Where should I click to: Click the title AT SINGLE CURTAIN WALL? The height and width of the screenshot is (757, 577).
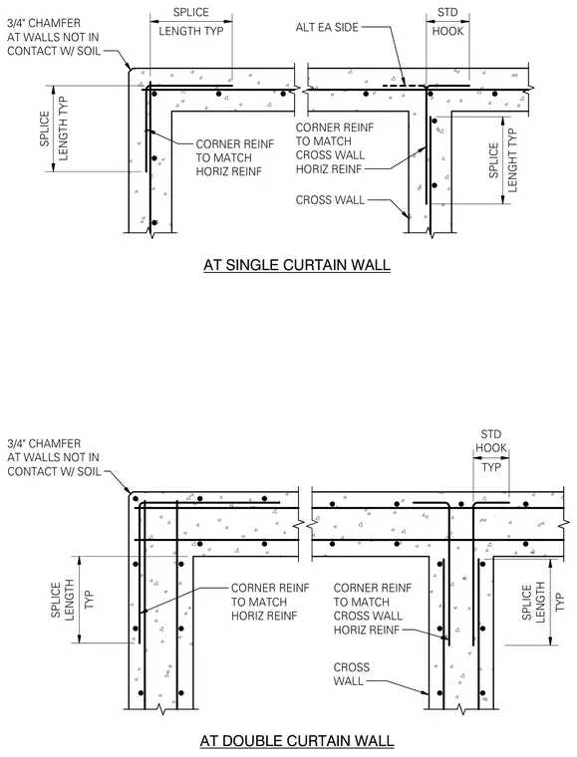click(296, 265)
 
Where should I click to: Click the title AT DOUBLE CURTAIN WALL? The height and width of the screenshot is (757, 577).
click(297, 740)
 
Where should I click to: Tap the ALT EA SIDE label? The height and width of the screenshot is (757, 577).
click(327, 27)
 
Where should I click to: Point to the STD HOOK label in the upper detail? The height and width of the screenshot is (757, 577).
click(447, 22)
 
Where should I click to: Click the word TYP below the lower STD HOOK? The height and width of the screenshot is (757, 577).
click(491, 467)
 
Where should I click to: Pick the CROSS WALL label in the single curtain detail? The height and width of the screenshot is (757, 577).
click(330, 200)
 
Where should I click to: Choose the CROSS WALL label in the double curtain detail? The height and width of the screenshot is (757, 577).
click(352, 674)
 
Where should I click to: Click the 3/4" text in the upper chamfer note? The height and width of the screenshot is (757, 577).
click(16, 23)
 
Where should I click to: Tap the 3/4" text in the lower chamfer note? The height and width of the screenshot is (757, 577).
click(16, 443)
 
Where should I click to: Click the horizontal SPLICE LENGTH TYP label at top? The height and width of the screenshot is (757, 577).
click(191, 22)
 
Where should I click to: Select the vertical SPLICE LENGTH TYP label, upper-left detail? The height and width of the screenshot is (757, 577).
click(54, 128)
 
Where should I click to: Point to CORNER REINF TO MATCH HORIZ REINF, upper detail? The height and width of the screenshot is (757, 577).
click(234, 157)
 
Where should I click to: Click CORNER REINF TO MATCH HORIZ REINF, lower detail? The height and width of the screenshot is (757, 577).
click(270, 602)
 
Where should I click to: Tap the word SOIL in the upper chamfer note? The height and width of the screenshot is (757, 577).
click(89, 51)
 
